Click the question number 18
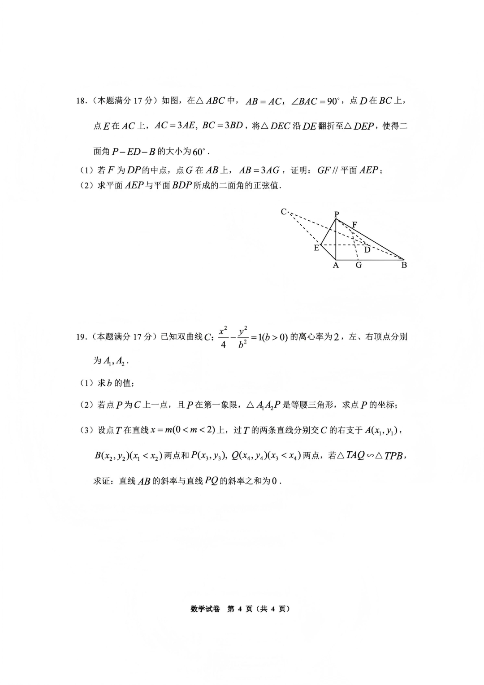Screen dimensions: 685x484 pos(81,101)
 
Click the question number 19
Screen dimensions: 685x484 pos(81,336)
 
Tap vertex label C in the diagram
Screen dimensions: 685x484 pos(284,211)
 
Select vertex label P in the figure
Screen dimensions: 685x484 pos(337,214)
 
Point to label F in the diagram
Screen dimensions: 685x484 pos(354,224)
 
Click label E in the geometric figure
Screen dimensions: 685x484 pos(316,248)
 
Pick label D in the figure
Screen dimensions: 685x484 pos(367,250)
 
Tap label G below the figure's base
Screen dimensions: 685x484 pos(359,265)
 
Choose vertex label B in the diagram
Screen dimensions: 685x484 pos(404,265)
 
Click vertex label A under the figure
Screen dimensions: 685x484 pos(336,265)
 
